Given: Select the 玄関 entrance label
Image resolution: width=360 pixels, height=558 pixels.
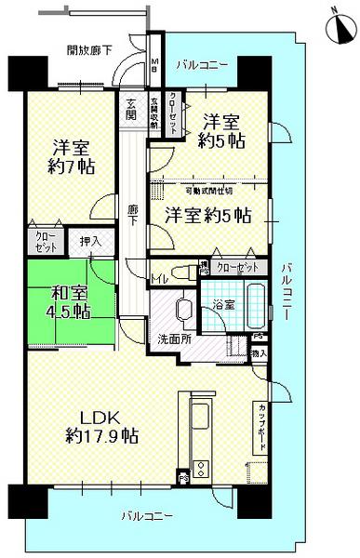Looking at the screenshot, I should pos(133,110).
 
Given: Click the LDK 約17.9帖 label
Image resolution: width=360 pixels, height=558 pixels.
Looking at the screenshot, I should pos(102,424).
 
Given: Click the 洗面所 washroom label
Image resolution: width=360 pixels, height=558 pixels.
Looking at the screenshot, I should pos(174,339).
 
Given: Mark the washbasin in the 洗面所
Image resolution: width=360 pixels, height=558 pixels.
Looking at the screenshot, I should pos(182,309).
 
